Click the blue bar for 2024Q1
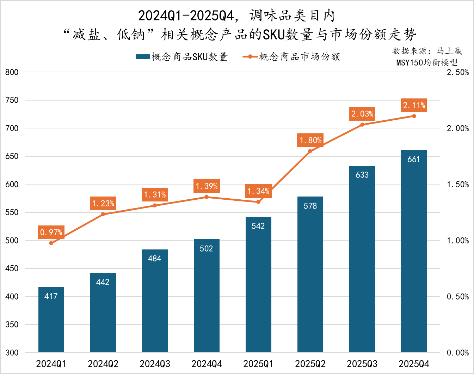51,319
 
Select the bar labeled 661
414,251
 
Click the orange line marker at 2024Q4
207,197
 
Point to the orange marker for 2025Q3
362,125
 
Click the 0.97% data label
51,232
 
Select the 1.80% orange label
310,140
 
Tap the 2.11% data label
414,105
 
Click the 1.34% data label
258,191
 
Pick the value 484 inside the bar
154,258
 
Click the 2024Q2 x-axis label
103,364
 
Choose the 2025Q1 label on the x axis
258,364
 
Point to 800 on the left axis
12,72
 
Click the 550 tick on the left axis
12,212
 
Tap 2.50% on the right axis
457,72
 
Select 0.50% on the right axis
457,297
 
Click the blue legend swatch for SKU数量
142,57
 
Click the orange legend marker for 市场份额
250,57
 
